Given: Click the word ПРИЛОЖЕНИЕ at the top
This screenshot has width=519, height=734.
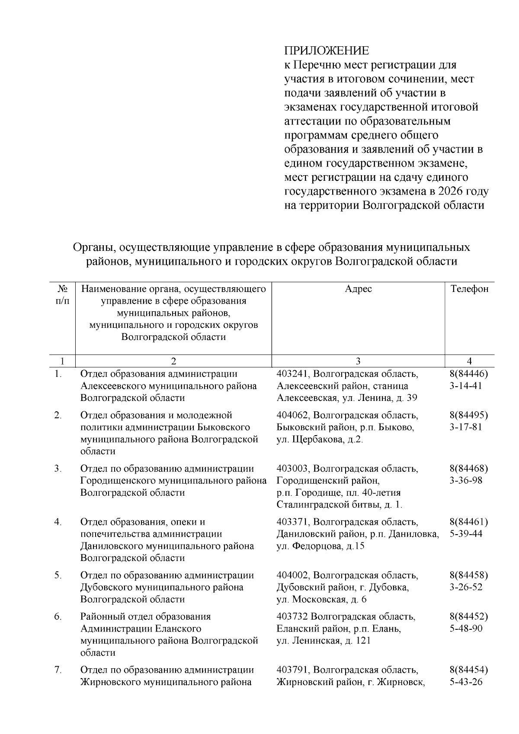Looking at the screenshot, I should (327, 51).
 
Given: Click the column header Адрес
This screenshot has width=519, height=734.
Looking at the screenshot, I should (358, 289).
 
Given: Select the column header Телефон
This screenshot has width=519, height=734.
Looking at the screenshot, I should (469, 289).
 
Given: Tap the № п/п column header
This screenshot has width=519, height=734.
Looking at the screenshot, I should (63, 295).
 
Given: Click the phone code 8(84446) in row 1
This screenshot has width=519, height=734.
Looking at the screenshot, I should (469, 374).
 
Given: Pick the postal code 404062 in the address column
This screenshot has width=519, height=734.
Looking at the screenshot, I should (293, 415).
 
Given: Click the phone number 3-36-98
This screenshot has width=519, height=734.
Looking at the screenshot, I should (466, 481).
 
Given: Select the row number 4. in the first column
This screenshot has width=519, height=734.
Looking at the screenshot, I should (58, 522).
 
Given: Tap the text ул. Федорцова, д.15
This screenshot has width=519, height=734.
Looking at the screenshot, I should (320, 546).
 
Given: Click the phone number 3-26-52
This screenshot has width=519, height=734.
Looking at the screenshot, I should (466, 587).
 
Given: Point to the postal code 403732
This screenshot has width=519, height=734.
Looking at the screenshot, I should (292, 617).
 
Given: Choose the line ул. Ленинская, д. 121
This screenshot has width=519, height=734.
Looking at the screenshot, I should (323, 641).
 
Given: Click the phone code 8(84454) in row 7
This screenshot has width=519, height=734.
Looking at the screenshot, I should (469, 670).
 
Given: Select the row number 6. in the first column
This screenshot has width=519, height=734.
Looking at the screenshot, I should (58, 617).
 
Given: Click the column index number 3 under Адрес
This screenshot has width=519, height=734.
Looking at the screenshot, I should (358, 362).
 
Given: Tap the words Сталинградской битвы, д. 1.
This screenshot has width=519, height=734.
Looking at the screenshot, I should (339, 504).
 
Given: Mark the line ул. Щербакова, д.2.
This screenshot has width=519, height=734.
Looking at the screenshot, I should (320, 439).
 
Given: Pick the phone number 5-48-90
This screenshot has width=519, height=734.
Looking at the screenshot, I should (466, 628).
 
